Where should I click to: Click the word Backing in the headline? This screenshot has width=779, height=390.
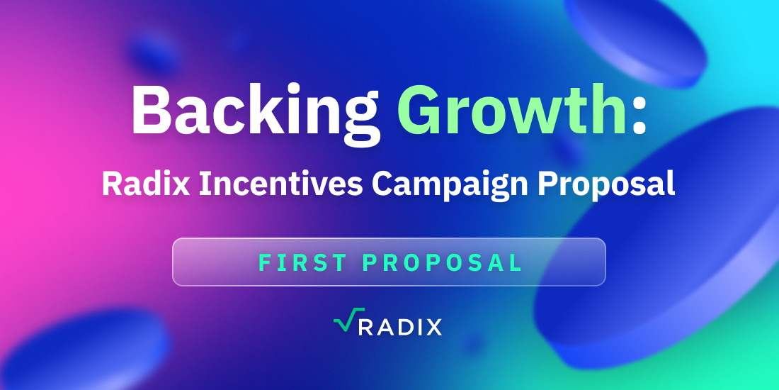256,113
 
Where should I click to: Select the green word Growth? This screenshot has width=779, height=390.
511,109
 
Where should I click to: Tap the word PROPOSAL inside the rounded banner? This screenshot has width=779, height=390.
442,262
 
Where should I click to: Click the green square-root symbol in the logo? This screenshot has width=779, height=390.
342,319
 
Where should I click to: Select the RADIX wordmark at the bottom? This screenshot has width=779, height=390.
399,327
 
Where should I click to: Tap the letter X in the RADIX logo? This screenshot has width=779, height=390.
432,327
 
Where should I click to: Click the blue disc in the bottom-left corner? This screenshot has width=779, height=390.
84,348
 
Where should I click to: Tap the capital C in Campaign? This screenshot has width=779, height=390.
383,184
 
